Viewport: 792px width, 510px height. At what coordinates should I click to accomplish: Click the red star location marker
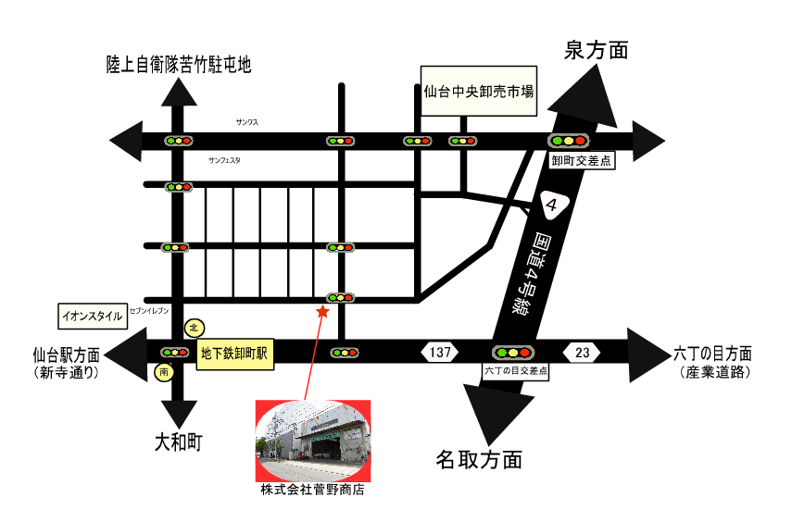(x=322, y=313)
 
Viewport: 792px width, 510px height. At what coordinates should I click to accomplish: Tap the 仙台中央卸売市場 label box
(x=478, y=92)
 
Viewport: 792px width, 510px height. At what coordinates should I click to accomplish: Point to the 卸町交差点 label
(x=582, y=160)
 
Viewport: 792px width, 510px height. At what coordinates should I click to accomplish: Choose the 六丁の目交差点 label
(x=515, y=370)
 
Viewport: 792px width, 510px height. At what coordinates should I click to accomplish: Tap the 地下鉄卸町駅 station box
(x=235, y=354)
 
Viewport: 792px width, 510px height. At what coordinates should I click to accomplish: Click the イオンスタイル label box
(x=92, y=316)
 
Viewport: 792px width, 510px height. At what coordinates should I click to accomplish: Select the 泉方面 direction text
(x=596, y=51)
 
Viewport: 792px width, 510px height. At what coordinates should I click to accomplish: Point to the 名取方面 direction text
(x=479, y=459)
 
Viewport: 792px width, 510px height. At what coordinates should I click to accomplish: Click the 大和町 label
(x=178, y=442)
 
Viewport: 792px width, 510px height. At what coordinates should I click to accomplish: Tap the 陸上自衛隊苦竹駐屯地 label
(x=179, y=65)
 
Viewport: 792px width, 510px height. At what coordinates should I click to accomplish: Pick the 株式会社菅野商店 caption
(x=312, y=490)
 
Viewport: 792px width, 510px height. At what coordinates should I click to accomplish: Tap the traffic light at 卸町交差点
(x=569, y=141)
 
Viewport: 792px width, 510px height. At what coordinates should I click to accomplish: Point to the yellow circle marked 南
(x=163, y=372)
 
